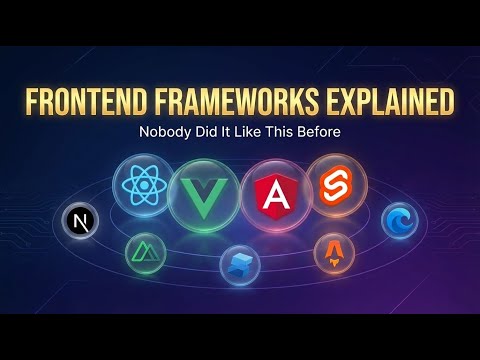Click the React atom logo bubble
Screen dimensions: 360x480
[146, 186]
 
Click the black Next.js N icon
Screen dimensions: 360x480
[76, 221]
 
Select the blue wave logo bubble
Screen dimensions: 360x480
[397, 219]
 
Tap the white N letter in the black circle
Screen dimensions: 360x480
[76, 221]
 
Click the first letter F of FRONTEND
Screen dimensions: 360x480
[31, 103]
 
